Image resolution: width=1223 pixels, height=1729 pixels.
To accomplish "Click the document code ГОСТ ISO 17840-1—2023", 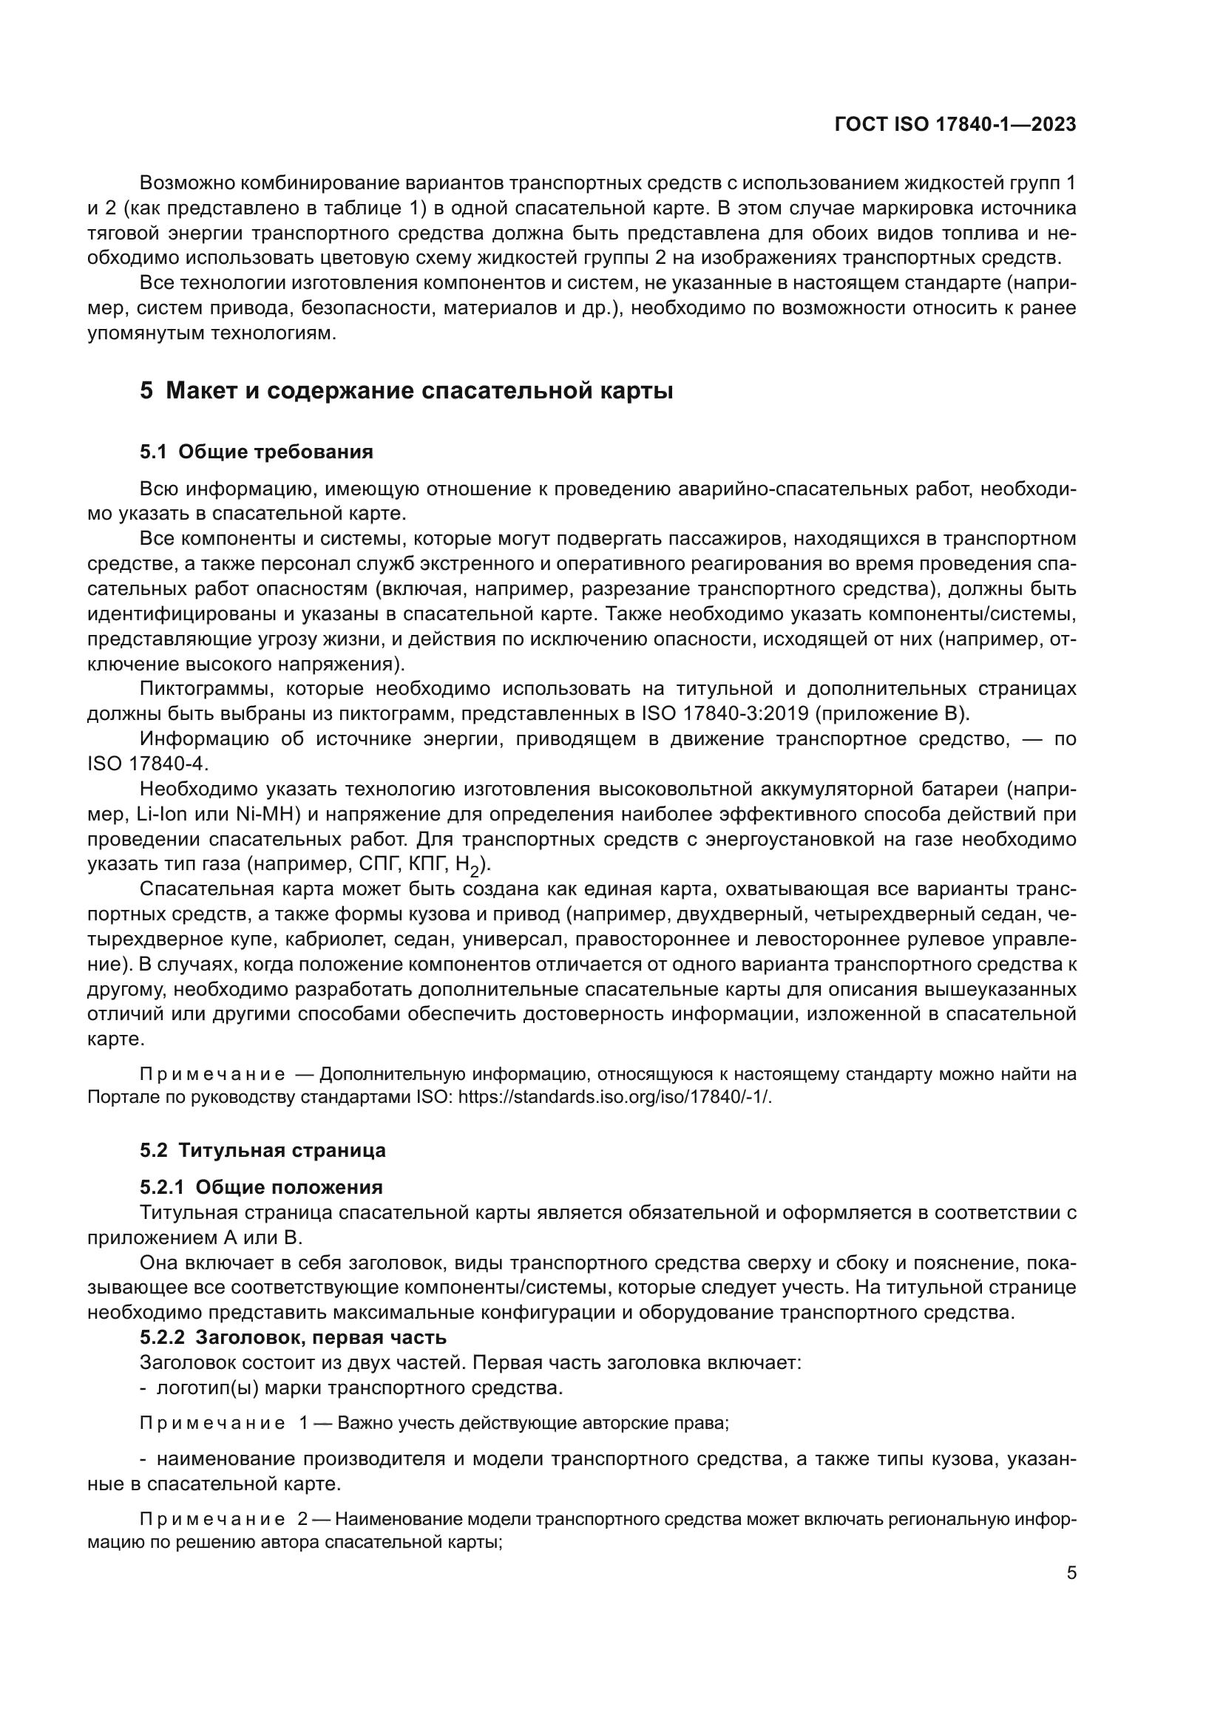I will (x=954, y=125).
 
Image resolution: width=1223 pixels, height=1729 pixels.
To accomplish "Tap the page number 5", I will (x=1071, y=1572).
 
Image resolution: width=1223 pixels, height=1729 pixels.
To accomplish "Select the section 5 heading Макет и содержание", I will (x=406, y=391).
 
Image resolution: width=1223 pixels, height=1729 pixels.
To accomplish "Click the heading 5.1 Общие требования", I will (x=256, y=452).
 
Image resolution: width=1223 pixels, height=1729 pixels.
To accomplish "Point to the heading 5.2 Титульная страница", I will (x=262, y=1150).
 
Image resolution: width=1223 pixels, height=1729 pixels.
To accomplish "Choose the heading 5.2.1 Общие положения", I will (x=260, y=1187).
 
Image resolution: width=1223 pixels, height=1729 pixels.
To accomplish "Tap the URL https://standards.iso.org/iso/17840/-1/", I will (x=614, y=1097).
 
